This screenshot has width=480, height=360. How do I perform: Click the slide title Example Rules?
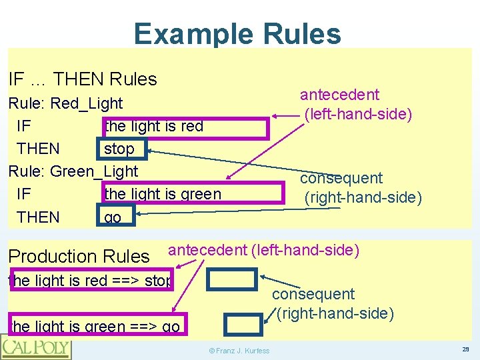pyautogui.click(x=237, y=34)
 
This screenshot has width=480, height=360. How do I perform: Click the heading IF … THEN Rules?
pyautogui.click(x=83, y=79)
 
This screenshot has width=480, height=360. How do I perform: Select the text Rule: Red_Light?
pyautogui.click(x=65, y=103)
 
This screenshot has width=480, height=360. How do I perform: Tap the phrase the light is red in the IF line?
pyautogui.click(x=154, y=127)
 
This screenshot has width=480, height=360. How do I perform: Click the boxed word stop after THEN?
pyautogui.click(x=119, y=149)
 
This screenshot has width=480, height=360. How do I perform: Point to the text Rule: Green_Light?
pyautogui.click(x=73, y=171)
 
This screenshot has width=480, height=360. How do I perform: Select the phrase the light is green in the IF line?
pyautogui.click(x=163, y=194)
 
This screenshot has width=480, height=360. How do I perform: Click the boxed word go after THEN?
pyautogui.click(x=113, y=217)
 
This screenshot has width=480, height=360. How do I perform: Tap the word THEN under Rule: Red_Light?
pyautogui.click(x=38, y=149)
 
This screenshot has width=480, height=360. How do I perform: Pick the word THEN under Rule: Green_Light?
pyautogui.click(x=38, y=217)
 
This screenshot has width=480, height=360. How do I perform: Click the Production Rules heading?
pyautogui.click(x=79, y=257)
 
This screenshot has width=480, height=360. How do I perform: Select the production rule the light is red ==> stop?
pyautogui.click(x=90, y=281)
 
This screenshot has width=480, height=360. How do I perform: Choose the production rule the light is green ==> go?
pyautogui.click(x=94, y=326)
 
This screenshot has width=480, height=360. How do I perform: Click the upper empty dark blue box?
pyautogui.click(x=231, y=281)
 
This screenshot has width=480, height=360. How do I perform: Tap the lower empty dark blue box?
pyautogui.click(x=243, y=325)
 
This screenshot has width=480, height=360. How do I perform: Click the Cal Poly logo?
pyautogui.click(x=35, y=347)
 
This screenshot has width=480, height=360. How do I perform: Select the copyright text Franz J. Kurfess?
pyautogui.click(x=238, y=351)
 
